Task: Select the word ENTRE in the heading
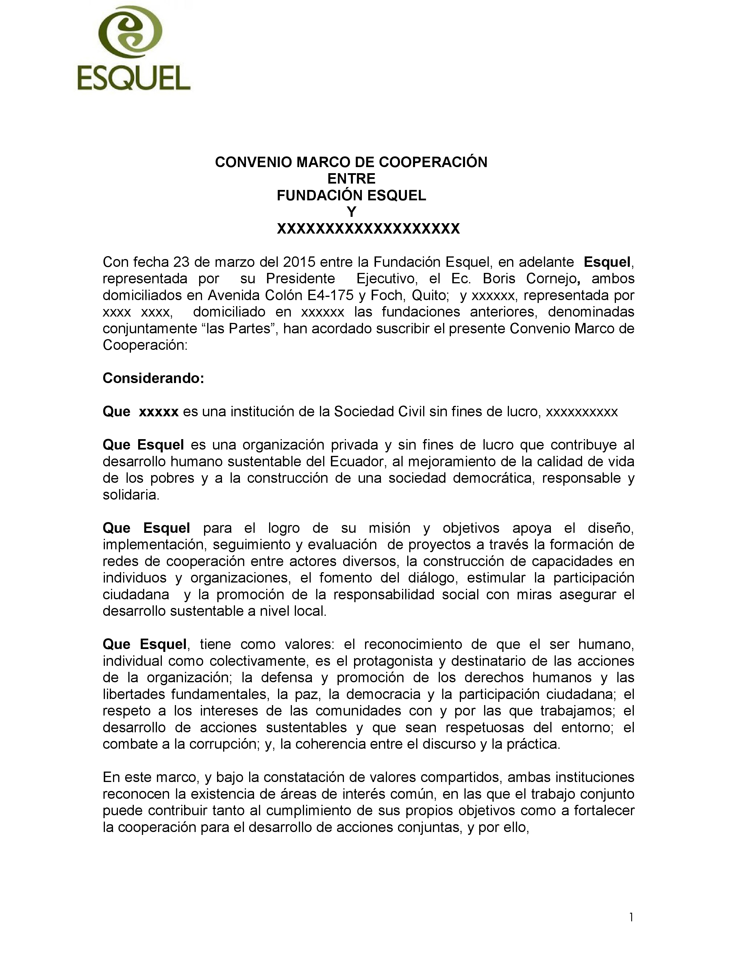coord(351,179)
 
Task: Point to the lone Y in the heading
coord(351,212)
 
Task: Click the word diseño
coord(611,528)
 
